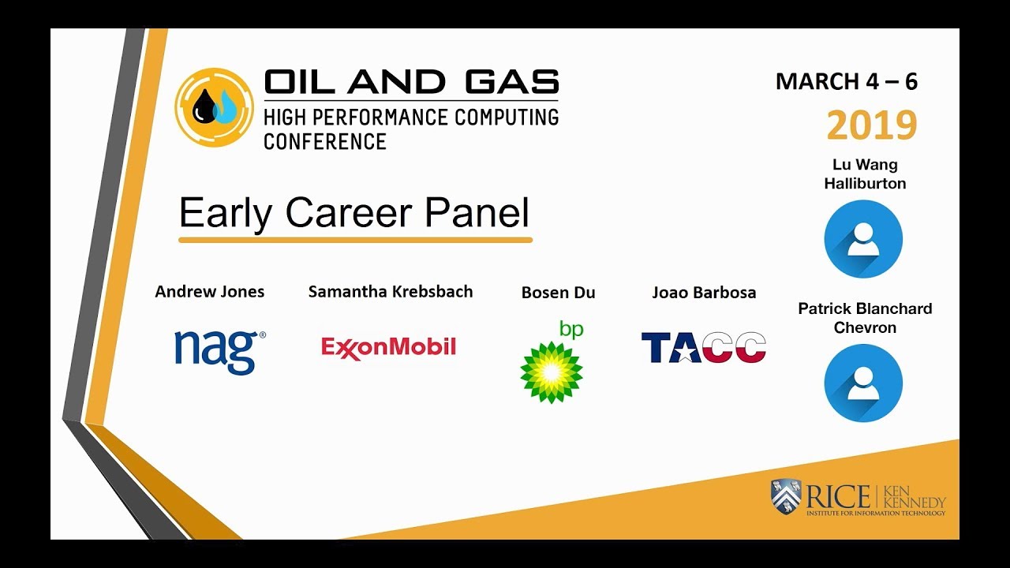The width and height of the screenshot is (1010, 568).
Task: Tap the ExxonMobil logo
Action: (388, 347)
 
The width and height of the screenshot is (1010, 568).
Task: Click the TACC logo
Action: (703, 347)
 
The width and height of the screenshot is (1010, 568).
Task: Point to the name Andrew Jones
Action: (209, 292)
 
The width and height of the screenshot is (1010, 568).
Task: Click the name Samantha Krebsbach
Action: (390, 292)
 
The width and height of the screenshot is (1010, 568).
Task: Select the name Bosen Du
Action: (558, 293)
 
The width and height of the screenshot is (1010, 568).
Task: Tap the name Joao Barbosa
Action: (704, 293)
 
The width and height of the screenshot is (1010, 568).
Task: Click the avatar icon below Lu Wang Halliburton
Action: (863, 239)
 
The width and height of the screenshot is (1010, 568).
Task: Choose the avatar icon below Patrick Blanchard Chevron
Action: (863, 383)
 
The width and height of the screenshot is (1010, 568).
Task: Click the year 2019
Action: (871, 125)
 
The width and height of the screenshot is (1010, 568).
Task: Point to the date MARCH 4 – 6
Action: (847, 81)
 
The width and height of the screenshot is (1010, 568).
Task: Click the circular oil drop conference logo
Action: (214, 107)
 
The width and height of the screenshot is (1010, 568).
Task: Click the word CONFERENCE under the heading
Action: (324, 142)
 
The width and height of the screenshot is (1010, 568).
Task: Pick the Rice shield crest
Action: (785, 498)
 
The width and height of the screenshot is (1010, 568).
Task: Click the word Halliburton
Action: (865, 184)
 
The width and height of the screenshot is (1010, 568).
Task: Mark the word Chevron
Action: (865, 327)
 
